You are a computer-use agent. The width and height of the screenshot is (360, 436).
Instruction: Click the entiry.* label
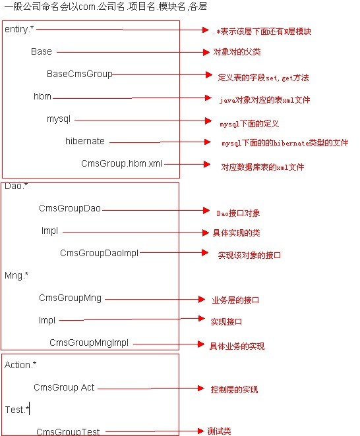pyautogui.click(x=19, y=29)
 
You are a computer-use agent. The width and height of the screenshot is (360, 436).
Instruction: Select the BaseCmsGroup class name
pyautogui.click(x=80, y=74)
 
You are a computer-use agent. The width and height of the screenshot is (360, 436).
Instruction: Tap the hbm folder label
pyautogui.click(x=42, y=97)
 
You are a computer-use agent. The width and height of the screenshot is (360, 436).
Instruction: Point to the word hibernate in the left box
pyautogui.click(x=85, y=141)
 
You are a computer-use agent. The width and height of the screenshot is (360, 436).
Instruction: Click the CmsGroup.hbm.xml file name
pyautogui.click(x=121, y=163)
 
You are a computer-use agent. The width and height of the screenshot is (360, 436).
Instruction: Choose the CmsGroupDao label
pyautogui.click(x=70, y=208)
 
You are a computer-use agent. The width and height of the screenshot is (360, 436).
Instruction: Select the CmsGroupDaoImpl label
pyautogui.click(x=99, y=253)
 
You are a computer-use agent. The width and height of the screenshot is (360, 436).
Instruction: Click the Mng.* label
pyautogui.click(x=16, y=275)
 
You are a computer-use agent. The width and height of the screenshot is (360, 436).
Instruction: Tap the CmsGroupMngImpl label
pyautogui.click(x=89, y=342)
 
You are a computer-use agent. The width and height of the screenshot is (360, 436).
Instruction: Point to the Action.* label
pyautogui.click(x=20, y=365)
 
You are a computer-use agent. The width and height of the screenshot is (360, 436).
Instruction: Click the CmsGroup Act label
pyautogui.click(x=64, y=387)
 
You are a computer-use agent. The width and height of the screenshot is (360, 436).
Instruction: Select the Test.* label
pyautogui.click(x=17, y=410)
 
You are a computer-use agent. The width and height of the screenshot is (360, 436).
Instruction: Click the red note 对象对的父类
pyautogui.click(x=237, y=52)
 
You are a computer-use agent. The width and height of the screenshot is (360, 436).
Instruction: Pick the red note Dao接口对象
pyautogui.click(x=238, y=213)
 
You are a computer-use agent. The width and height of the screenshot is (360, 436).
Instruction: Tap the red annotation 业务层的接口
pyautogui.click(x=235, y=300)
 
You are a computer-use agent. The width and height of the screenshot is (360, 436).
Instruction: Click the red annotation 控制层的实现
pyautogui.click(x=234, y=389)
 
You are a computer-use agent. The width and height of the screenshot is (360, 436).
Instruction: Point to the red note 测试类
pyautogui.click(x=219, y=431)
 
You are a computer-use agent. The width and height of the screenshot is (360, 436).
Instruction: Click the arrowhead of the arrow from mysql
pyautogui.click(x=208, y=121)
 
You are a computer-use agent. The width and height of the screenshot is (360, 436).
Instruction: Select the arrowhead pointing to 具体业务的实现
pyautogui.click(x=201, y=344)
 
